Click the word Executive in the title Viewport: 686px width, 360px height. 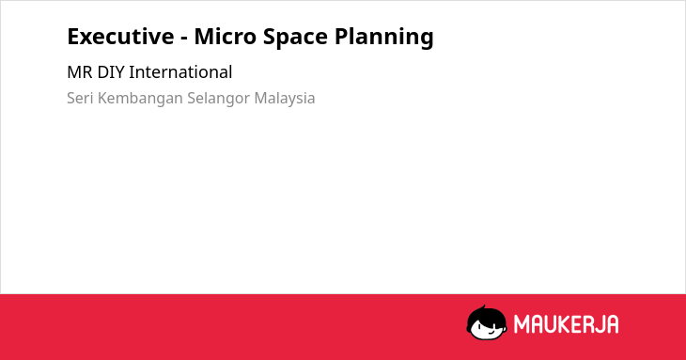point(120,37)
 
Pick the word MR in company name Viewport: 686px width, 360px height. point(79,72)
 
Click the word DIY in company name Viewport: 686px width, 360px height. point(111,72)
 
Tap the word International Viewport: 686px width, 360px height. point(180,72)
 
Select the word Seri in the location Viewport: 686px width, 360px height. point(80,98)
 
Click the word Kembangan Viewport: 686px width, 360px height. point(140,99)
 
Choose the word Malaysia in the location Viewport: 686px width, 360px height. point(285,99)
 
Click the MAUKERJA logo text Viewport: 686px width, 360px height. point(566,324)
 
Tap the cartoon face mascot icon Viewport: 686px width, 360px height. point(487,322)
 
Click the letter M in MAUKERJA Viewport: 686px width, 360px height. point(521,324)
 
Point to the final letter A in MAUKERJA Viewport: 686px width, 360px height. point(612,324)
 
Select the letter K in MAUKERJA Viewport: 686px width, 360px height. point(564,324)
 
